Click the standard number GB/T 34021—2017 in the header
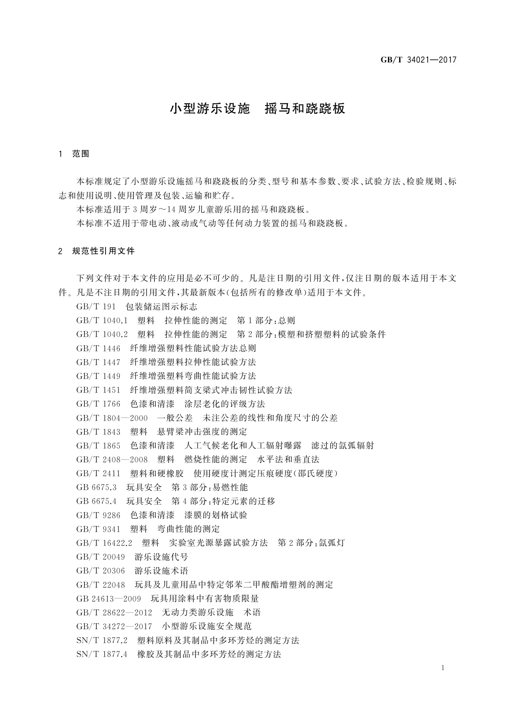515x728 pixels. (x=418, y=60)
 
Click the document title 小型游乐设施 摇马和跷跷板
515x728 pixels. (x=257, y=109)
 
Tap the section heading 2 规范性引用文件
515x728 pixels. (x=96, y=251)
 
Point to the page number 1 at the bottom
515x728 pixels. (x=443, y=668)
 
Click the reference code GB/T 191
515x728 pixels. (x=96, y=307)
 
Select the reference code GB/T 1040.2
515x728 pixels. (x=102, y=334)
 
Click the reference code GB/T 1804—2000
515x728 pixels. (x=112, y=418)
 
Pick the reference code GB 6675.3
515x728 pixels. (x=96, y=487)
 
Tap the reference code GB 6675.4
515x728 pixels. (x=96, y=501)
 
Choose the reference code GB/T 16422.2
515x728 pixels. (x=104, y=543)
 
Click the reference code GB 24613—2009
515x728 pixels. (x=109, y=599)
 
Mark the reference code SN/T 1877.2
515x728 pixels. (x=102, y=640)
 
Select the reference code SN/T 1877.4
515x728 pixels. (x=102, y=654)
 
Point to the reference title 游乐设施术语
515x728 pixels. (x=161, y=571)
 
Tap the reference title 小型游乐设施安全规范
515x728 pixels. (x=207, y=626)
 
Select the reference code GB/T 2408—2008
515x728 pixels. (x=112, y=459)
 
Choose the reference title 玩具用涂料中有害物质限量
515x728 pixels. (x=205, y=599)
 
